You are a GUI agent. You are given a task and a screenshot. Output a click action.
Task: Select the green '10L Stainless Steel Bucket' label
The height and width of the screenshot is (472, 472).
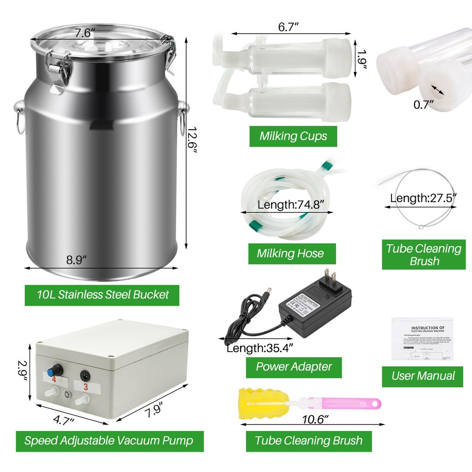point(102,294)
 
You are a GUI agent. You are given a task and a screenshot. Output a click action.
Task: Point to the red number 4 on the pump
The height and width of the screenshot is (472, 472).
point(54,381)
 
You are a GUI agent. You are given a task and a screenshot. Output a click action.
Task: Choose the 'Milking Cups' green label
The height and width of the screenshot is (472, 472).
point(293,136)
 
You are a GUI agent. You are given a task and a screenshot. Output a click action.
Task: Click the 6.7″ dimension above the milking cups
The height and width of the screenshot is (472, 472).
point(289,27)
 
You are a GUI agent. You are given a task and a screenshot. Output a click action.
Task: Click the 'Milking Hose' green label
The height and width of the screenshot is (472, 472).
point(290,253)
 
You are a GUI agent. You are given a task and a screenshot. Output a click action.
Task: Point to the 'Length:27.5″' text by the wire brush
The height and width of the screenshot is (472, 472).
point(423,198)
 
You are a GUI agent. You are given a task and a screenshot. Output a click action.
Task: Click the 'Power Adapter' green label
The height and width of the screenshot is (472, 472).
point(294,367)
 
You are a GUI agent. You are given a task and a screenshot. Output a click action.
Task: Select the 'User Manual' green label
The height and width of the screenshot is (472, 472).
point(423,376)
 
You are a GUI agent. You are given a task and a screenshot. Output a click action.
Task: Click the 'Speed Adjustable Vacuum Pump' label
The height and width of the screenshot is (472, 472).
point(109,440)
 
